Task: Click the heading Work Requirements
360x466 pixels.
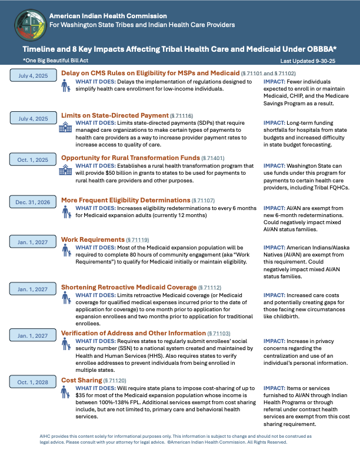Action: pyautogui.click(x=93, y=240)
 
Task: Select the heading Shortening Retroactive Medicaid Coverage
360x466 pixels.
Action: pyautogui.click(x=129, y=287)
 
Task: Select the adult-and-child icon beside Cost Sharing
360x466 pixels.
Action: pyautogui.click(x=66, y=392)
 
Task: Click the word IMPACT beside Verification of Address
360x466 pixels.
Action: pyautogui.click(x=274, y=341)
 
